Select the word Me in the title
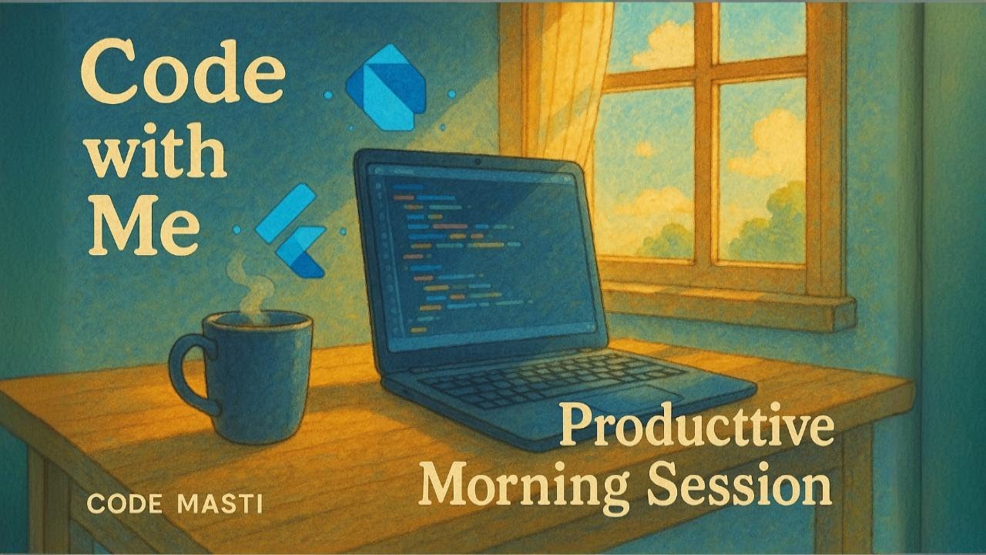(144, 225)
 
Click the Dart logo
(386, 87)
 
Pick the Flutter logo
(291, 230)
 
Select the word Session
(739, 485)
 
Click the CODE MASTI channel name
(175, 504)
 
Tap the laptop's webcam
(477, 163)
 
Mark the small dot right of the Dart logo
(451, 94)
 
